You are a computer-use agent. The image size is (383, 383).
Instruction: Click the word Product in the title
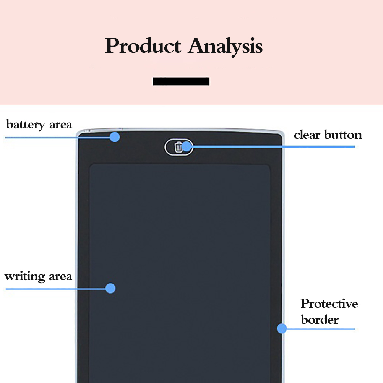point(143,46)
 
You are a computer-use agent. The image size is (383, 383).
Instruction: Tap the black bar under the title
point(181,81)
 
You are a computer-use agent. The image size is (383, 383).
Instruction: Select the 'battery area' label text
point(39,125)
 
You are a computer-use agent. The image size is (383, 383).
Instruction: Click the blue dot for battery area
point(115,137)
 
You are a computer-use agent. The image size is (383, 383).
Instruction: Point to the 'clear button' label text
point(328,135)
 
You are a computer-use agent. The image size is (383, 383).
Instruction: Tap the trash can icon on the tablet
point(178,147)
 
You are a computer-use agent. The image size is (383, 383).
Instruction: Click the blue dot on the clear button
point(187,146)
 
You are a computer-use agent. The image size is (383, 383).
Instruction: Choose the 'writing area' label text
point(38,276)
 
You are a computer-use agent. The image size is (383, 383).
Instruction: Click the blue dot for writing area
point(110,288)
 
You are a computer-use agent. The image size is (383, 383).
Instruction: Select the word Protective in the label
point(329,304)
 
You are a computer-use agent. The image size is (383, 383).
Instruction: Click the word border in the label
point(320,320)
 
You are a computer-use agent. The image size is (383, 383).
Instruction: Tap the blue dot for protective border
point(282,328)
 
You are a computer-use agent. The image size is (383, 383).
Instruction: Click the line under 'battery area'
point(57,137)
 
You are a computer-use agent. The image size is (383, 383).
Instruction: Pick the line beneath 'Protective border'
point(321,329)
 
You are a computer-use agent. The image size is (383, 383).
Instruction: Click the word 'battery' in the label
point(25,125)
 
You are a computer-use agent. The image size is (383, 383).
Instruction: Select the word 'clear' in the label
point(307,135)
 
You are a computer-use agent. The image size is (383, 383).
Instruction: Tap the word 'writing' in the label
point(24,277)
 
